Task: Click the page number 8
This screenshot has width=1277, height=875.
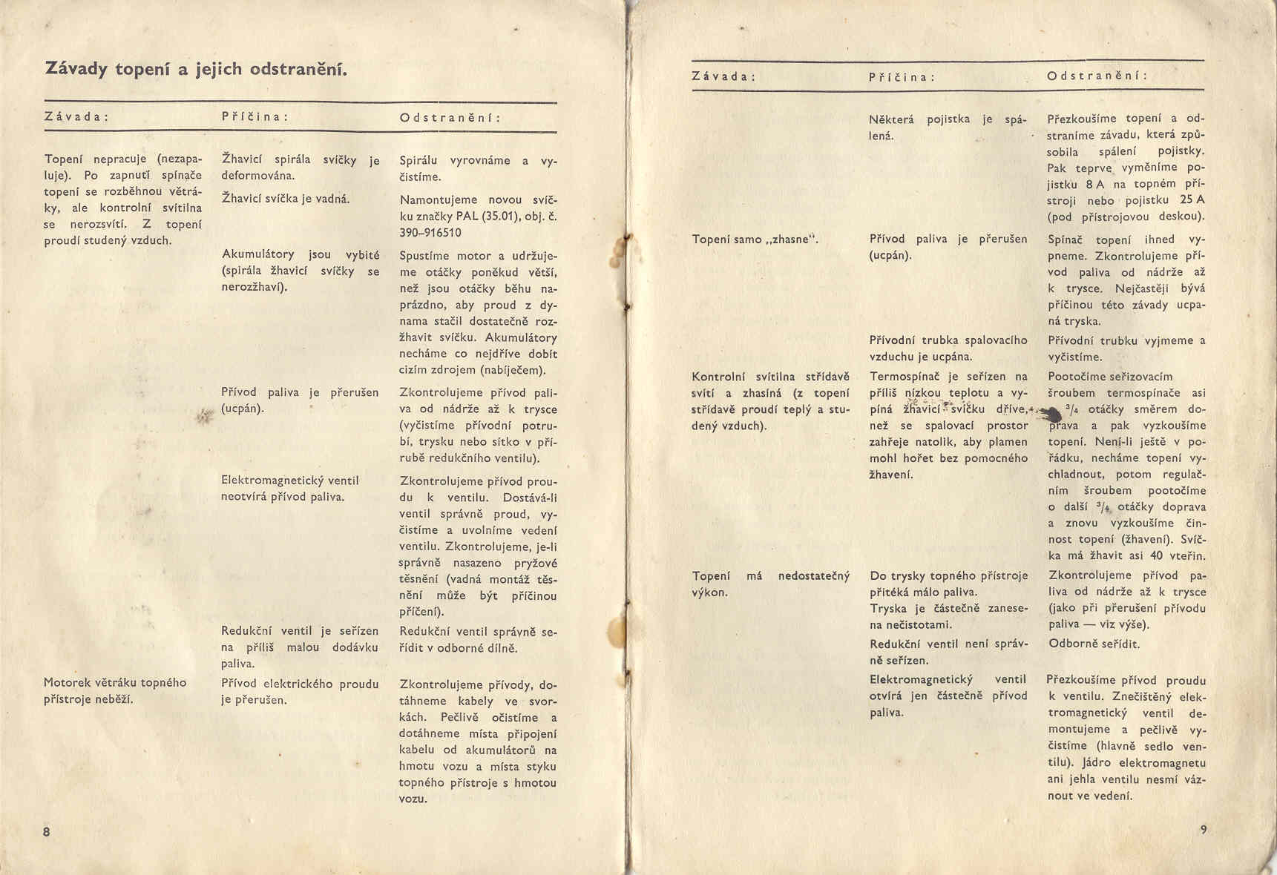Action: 47,831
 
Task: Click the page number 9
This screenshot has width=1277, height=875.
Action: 1204,829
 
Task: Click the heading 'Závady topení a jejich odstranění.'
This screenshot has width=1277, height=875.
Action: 197,70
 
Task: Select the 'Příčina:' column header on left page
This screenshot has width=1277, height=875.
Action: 255,117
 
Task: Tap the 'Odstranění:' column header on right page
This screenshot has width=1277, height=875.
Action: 1097,76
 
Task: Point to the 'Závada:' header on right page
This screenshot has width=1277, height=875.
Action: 723,76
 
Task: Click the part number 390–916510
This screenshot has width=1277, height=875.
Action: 430,233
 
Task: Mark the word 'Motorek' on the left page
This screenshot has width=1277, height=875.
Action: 68,683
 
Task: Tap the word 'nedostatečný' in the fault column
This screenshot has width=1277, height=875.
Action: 813,575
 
